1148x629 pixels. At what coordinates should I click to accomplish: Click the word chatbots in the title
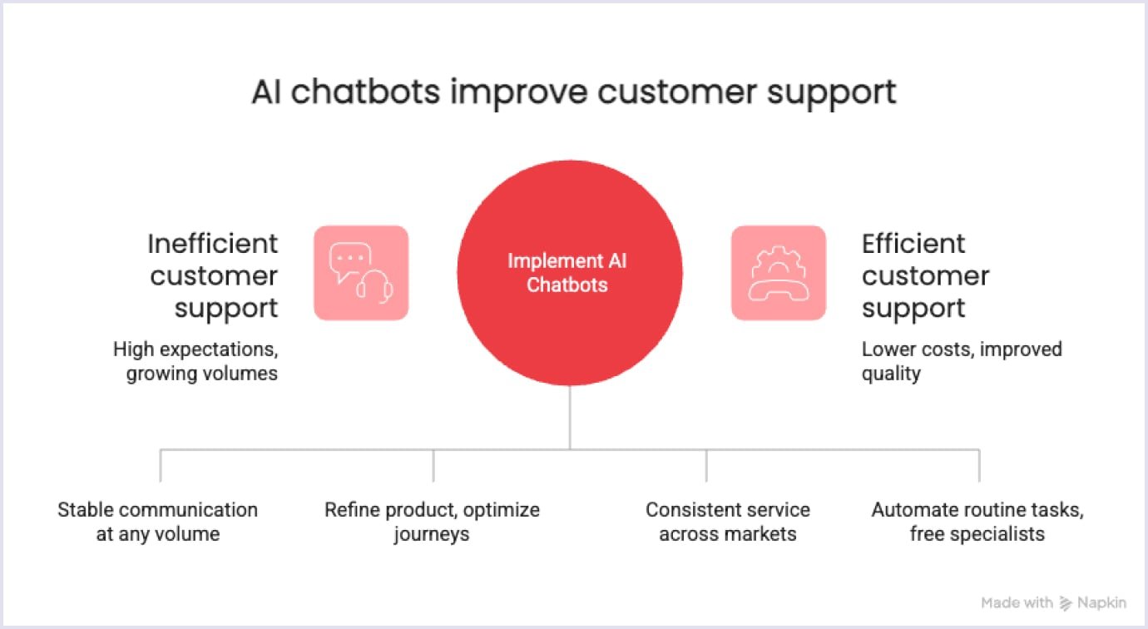[365, 92]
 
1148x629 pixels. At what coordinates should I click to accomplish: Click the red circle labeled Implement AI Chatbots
[569, 273]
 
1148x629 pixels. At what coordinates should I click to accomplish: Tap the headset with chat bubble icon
[361, 273]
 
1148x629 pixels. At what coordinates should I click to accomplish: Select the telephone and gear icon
[778, 273]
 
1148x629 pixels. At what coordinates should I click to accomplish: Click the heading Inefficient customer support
[213, 275]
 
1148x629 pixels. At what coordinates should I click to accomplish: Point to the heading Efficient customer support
[925, 275]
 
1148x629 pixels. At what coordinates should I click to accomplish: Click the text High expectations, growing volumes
[195, 361]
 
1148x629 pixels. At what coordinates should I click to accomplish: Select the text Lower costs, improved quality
[961, 361]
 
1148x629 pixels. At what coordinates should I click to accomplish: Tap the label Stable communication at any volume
[157, 522]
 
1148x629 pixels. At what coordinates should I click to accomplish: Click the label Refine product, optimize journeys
[432, 522]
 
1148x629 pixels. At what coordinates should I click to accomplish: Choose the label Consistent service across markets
[728, 522]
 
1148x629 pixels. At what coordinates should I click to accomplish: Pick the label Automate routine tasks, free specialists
[977, 522]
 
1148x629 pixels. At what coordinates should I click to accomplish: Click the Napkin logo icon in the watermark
[1066, 603]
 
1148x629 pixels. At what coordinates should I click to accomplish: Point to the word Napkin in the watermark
[1102, 603]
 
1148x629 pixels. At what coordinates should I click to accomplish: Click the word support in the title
[831, 92]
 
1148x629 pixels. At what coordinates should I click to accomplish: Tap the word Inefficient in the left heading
[213, 244]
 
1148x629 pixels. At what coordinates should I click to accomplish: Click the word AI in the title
[266, 92]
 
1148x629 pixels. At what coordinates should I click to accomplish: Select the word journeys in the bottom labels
[432, 533]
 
